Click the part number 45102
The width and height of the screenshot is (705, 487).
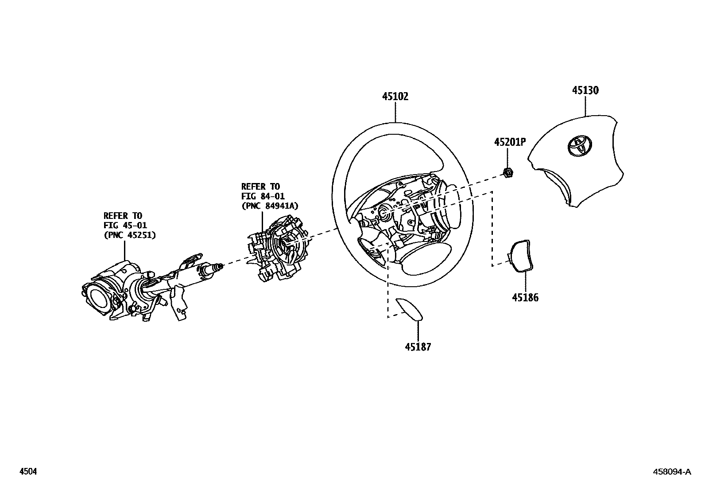(395, 97)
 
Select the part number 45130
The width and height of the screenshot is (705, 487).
(585, 90)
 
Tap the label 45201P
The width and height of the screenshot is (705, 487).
(510, 142)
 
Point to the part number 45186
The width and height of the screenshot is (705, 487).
(525, 297)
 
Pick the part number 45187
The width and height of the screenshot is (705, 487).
(418, 347)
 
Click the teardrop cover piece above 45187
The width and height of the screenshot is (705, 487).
(410, 308)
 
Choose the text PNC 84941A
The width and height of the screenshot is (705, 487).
(270, 206)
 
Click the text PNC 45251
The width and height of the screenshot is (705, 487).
(130, 235)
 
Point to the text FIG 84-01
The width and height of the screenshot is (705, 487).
(263, 196)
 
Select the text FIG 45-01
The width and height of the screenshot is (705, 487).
(125, 226)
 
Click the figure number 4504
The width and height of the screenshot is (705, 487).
(28, 472)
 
